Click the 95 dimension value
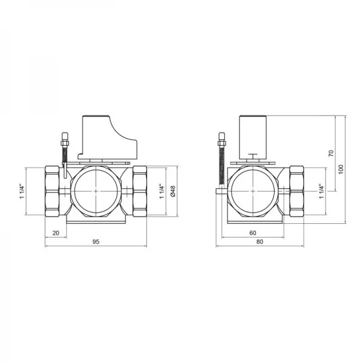96,241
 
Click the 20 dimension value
56,233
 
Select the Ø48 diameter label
173,191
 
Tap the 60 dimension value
253,233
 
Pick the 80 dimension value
260,241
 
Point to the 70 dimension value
332,153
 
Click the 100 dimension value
341,169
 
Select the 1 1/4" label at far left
22,191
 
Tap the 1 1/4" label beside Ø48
162,191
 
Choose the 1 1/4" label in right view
321,191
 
